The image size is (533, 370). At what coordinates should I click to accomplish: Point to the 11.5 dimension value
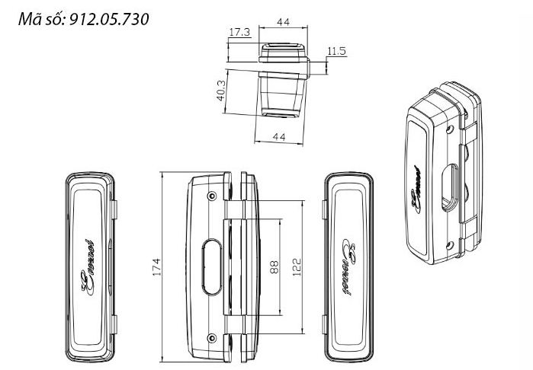coord(336,51)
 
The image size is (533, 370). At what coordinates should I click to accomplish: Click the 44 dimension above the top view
coord(283,22)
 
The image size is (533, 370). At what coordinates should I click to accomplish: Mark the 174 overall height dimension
coord(158,266)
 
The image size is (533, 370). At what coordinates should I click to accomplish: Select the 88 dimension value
coord(273,266)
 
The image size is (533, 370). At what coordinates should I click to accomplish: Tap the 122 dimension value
coord(297,266)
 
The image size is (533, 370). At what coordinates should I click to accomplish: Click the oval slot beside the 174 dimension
coord(210,266)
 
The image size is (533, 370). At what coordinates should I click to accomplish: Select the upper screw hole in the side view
coord(211,196)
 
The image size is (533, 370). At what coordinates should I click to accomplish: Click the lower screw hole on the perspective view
coord(451,244)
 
